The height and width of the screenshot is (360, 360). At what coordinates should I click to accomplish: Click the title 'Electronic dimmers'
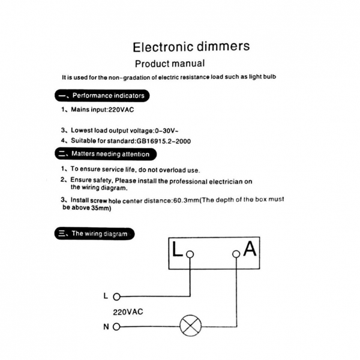[191, 47]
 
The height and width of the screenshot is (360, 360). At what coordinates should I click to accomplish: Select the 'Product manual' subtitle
[170, 64]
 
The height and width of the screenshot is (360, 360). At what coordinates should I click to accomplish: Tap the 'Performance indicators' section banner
[101, 95]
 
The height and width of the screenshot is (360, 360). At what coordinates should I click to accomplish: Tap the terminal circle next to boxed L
[190, 254]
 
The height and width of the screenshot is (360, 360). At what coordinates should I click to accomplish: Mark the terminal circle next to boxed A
[236, 254]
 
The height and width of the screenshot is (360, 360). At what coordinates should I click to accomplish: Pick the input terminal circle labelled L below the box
[117, 296]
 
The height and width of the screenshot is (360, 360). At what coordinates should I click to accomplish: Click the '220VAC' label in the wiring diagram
[128, 312]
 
